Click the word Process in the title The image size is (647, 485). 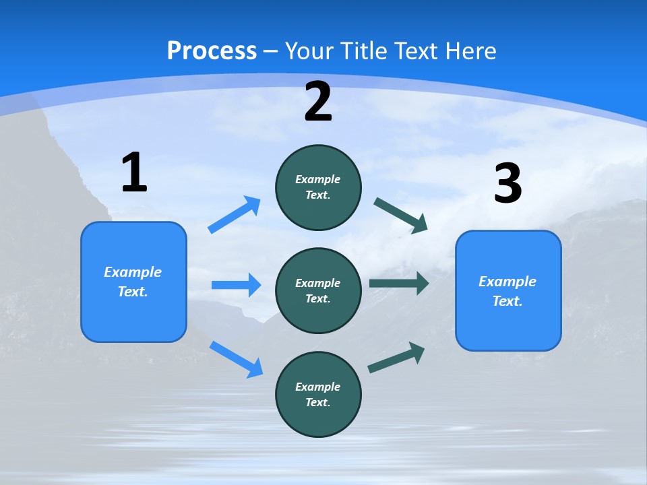(x=212, y=51)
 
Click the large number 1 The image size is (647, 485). (x=134, y=172)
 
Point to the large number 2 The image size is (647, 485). (x=318, y=102)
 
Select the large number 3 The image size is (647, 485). (x=507, y=183)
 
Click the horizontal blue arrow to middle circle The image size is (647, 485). (x=236, y=285)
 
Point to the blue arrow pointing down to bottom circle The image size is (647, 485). (x=236, y=359)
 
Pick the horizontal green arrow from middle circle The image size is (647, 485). (x=398, y=283)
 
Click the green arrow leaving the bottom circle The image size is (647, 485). (x=396, y=357)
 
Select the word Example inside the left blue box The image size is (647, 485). (x=133, y=272)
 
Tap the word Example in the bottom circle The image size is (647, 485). (x=317, y=387)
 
